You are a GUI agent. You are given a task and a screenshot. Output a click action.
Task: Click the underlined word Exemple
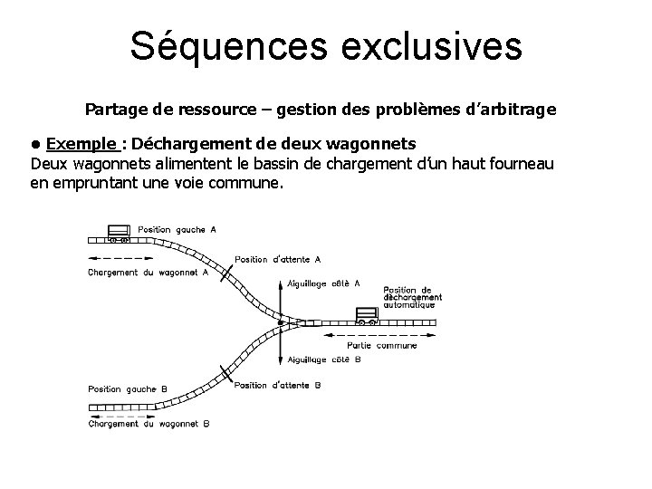81,144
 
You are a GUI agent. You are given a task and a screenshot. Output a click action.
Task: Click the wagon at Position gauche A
119,234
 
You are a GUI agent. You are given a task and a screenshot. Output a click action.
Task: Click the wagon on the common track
366,316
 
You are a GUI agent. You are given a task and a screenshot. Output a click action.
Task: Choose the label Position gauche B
128,388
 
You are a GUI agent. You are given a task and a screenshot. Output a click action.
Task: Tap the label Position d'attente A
277,259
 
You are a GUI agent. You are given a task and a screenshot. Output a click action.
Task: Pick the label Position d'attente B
277,385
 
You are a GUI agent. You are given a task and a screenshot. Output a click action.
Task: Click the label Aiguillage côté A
324,283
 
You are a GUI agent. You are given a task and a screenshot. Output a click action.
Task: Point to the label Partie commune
383,345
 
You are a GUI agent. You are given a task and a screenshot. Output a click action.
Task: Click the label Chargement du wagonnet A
149,272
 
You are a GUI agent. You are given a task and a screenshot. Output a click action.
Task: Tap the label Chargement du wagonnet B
149,423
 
